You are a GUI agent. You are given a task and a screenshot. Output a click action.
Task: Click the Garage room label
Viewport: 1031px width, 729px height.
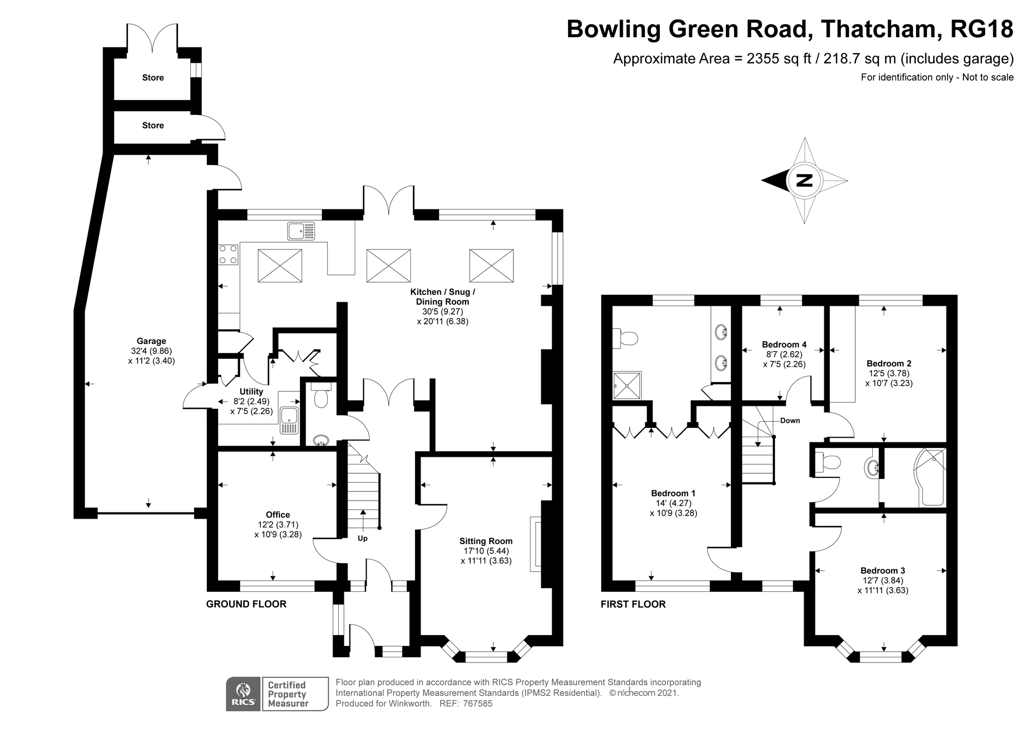click(x=151, y=341)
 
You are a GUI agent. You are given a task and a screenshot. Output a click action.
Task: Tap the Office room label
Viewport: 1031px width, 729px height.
click(x=278, y=515)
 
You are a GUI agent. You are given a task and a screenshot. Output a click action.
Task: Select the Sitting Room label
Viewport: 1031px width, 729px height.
click(x=486, y=541)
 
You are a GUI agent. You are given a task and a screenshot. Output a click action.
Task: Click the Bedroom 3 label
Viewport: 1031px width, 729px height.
click(x=883, y=570)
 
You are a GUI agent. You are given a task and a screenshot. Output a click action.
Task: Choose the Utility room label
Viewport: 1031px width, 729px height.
click(x=251, y=392)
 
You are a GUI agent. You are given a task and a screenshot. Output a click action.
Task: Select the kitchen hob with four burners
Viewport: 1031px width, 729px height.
click(x=229, y=254)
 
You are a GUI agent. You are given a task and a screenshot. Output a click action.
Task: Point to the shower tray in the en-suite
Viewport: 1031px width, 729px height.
click(x=627, y=385)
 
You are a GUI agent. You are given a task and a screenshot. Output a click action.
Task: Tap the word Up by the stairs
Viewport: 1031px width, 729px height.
click(x=363, y=538)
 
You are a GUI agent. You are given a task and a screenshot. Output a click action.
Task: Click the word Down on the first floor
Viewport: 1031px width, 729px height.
click(x=790, y=421)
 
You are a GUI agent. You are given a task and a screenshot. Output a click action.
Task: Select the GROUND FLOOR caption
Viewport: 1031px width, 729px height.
click(x=246, y=604)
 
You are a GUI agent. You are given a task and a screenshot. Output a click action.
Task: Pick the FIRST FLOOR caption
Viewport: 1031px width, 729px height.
click(x=633, y=604)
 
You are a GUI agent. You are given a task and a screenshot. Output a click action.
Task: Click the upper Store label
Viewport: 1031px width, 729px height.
click(x=153, y=78)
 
